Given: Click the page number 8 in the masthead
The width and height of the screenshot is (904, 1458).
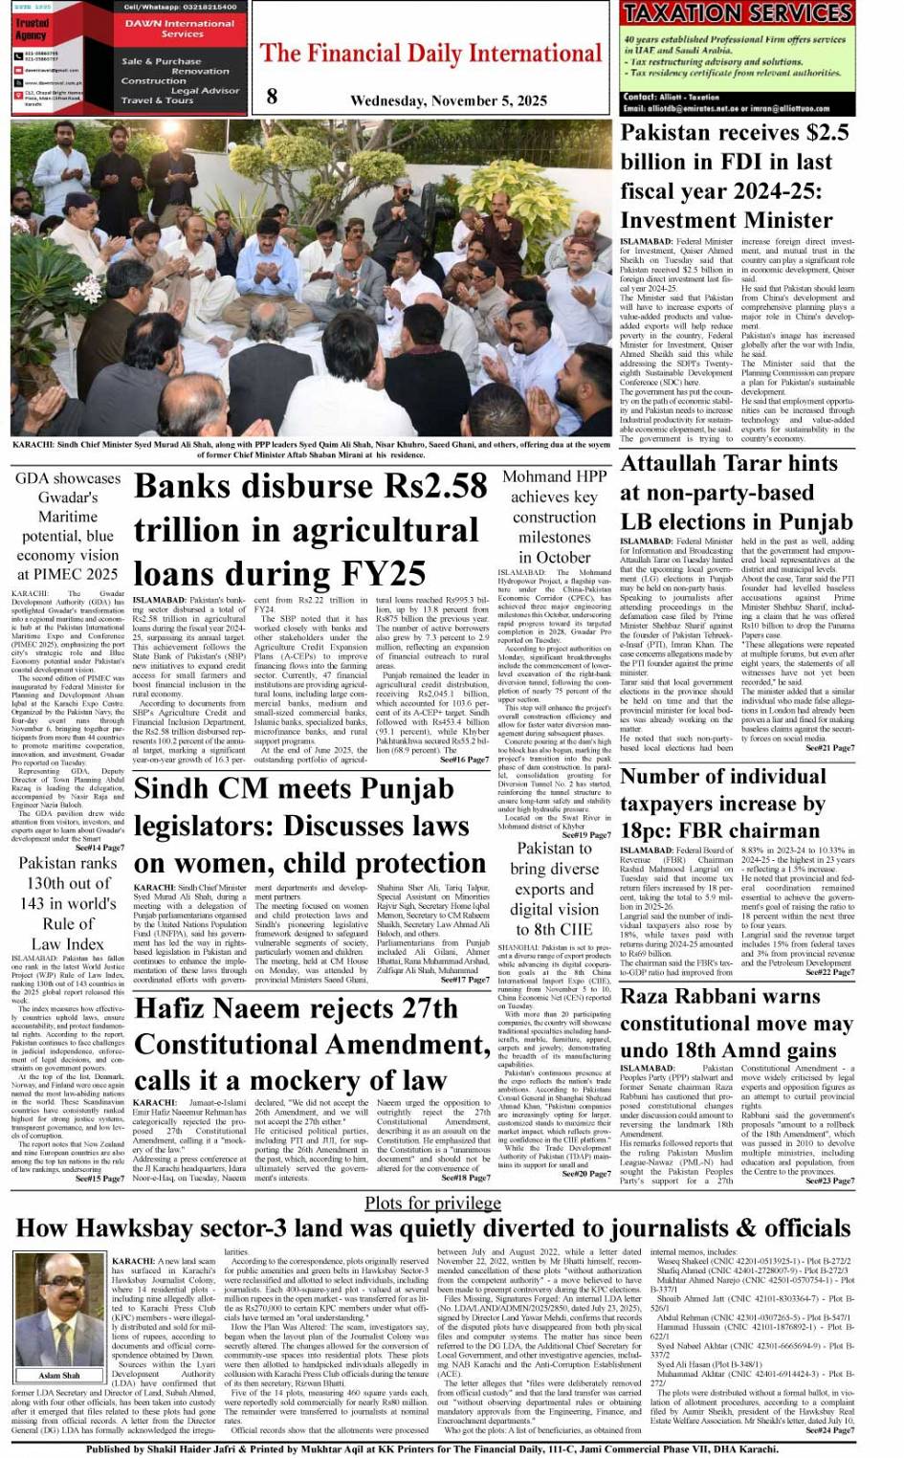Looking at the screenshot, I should pos(272,97).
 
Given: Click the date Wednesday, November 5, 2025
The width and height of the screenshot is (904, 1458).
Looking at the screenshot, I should pos(449,100).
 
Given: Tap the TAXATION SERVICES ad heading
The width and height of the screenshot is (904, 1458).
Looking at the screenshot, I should pos(737,13).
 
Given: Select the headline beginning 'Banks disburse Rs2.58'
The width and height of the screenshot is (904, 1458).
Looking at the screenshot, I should pos(310,529).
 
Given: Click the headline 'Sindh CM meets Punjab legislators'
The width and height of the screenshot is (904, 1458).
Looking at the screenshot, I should pos(310,826).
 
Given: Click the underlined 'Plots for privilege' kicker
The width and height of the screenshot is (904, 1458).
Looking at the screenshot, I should pos(432,1203).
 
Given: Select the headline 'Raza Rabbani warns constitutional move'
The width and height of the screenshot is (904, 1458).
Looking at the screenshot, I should pos(736,1023).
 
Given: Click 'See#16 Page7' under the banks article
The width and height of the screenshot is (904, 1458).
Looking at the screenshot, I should pos(464,760).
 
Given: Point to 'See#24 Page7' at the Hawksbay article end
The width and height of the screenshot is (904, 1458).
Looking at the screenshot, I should pos(829,1430).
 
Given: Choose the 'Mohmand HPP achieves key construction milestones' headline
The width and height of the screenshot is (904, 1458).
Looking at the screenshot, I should pos(554,517).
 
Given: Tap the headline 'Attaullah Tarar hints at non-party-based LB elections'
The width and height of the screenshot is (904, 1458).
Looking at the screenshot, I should pos(736,493).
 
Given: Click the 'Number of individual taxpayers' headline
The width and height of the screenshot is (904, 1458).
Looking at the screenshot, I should pos(722,804).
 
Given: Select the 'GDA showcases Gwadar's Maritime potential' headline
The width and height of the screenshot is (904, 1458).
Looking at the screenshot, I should pos(68,526).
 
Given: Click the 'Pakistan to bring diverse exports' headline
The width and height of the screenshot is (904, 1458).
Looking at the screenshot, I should pos(554,889).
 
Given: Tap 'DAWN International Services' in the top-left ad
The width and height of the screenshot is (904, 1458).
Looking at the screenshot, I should pos(182,28).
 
